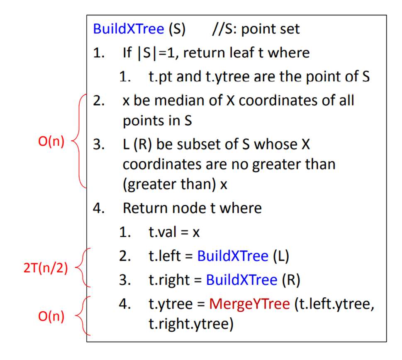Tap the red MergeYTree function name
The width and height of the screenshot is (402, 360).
[x=249, y=304]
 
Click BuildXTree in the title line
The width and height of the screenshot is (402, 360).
[x=129, y=29]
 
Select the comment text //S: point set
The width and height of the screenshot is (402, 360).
[x=255, y=29]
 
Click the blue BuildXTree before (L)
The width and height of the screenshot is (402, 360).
[x=233, y=256]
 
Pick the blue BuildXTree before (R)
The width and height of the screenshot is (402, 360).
[x=241, y=280]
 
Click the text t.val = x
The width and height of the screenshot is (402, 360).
[x=174, y=232]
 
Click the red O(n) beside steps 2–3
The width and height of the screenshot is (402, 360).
[x=51, y=142]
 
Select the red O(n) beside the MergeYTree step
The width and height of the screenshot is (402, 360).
[x=51, y=316]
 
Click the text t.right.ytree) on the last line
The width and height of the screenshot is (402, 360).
[x=191, y=323]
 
